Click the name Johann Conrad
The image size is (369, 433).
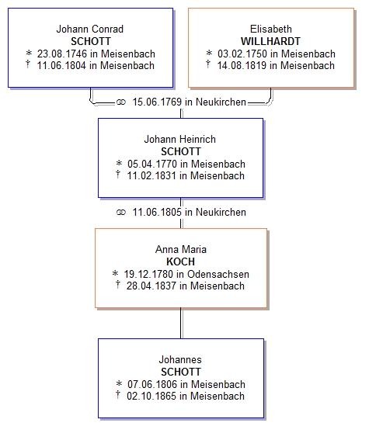pyautogui.click(x=90, y=29)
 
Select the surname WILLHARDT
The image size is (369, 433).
pyautogui.click(x=270, y=41)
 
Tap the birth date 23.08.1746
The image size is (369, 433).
pyautogui.click(x=62, y=54)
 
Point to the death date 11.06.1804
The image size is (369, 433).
pyautogui.click(x=61, y=65)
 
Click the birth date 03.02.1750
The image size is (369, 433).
pyautogui.click(x=242, y=54)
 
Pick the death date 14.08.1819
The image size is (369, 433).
pyautogui.click(x=242, y=65)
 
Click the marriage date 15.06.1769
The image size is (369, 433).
pyautogui.click(x=157, y=102)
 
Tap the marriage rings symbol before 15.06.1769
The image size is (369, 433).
pyautogui.click(x=121, y=102)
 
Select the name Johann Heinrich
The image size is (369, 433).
pyautogui.click(x=180, y=139)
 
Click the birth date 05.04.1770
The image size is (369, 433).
pyautogui.click(x=152, y=164)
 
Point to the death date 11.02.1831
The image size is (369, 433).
pyautogui.click(x=151, y=175)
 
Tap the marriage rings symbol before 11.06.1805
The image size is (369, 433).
pyautogui.click(x=121, y=213)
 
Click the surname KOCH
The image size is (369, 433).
pyautogui.click(x=181, y=262)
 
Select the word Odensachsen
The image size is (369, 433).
pyautogui.click(x=218, y=274)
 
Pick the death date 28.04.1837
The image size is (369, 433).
pyautogui.click(x=151, y=286)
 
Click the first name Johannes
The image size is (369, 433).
pyautogui.click(x=180, y=359)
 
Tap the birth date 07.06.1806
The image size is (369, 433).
pyautogui.click(x=152, y=384)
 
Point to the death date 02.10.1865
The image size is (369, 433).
pyautogui.click(x=151, y=396)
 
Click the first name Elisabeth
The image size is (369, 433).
pyautogui.click(x=271, y=29)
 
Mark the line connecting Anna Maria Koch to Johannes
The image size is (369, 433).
pyautogui.click(x=181, y=323)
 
